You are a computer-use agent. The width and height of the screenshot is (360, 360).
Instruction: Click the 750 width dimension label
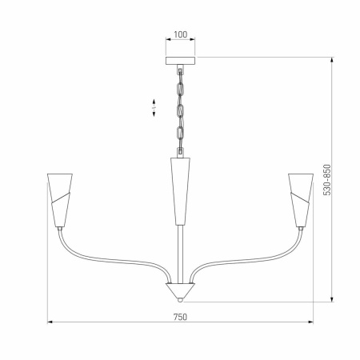pyautogui.click(x=180, y=316)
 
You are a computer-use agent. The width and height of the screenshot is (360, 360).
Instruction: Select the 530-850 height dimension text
pyautogui.click(x=326, y=186)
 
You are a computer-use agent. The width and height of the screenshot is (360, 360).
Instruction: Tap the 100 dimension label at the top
pyautogui.click(x=180, y=35)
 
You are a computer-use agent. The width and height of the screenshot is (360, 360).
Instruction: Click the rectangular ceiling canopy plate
pyautogui.click(x=180, y=60)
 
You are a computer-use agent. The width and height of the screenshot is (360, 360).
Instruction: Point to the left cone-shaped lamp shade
pyautogui.click(x=58, y=198)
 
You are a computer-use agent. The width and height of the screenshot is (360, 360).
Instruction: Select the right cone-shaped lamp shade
pyautogui.click(x=301, y=198)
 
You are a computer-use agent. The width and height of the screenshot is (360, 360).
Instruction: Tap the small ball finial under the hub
pyautogui.click(x=180, y=298)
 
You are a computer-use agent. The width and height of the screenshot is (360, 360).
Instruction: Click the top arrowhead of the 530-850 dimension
pyautogui.click(x=332, y=59)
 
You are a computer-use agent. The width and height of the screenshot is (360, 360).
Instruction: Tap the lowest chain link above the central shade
pyautogui.click(x=180, y=147)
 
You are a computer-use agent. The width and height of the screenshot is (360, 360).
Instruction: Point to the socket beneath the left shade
pyautogui.click(x=61, y=229)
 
